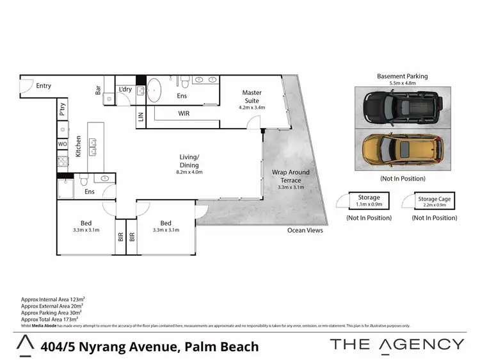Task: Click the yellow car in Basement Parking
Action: (x=401, y=149)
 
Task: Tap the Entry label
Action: (x=44, y=86)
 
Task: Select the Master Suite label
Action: (x=252, y=96)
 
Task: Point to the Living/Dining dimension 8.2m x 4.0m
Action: (x=189, y=172)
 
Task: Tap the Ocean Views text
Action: (x=305, y=231)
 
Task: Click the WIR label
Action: (x=183, y=114)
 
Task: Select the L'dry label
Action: (x=125, y=89)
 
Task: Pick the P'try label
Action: (x=63, y=110)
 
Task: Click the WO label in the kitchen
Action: (x=63, y=144)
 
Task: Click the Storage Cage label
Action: (x=435, y=199)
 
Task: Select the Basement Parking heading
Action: (x=403, y=76)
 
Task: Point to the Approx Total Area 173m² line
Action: (x=50, y=318)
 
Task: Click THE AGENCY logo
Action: (x=397, y=344)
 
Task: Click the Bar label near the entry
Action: (x=99, y=90)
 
